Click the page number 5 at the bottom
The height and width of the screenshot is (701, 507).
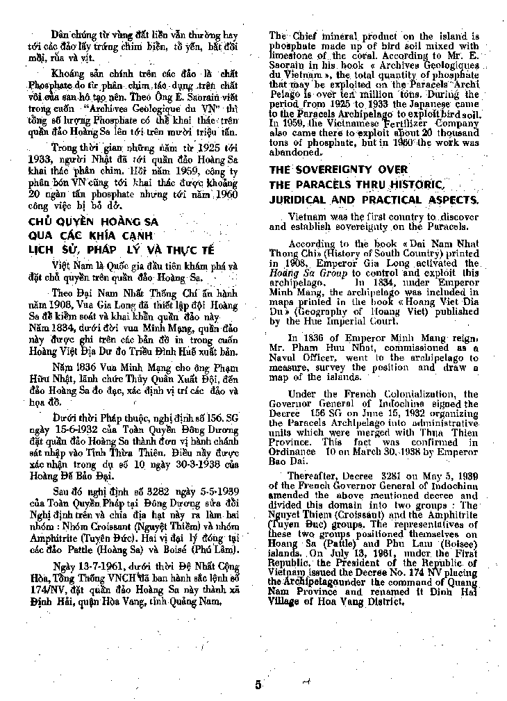click(x=258, y=684)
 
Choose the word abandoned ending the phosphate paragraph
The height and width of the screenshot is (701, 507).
click(x=294, y=152)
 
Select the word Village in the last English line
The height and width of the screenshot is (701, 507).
click(x=290, y=600)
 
